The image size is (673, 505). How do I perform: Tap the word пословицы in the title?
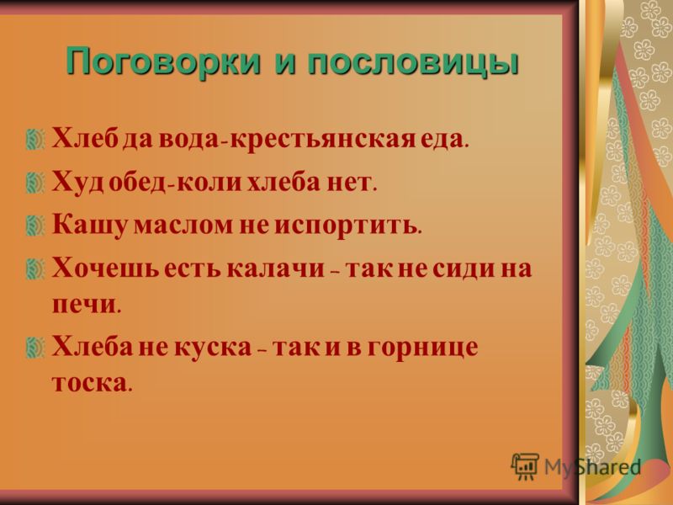coord(413,62)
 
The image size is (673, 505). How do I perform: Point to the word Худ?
coord(77,182)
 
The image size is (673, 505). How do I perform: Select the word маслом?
coord(183,226)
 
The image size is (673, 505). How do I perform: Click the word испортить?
coord(345,225)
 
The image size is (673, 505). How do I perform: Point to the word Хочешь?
coord(105,268)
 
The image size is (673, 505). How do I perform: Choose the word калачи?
coord(276,268)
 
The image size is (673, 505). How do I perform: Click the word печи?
coord(83,305)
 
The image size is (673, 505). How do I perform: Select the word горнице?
coord(422,348)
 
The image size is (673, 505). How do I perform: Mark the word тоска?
coord(89,383)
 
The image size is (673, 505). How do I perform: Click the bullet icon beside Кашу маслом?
coord(35,226)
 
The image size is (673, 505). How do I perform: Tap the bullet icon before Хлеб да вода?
coord(35,140)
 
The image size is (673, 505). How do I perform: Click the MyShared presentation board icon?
coord(525,466)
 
